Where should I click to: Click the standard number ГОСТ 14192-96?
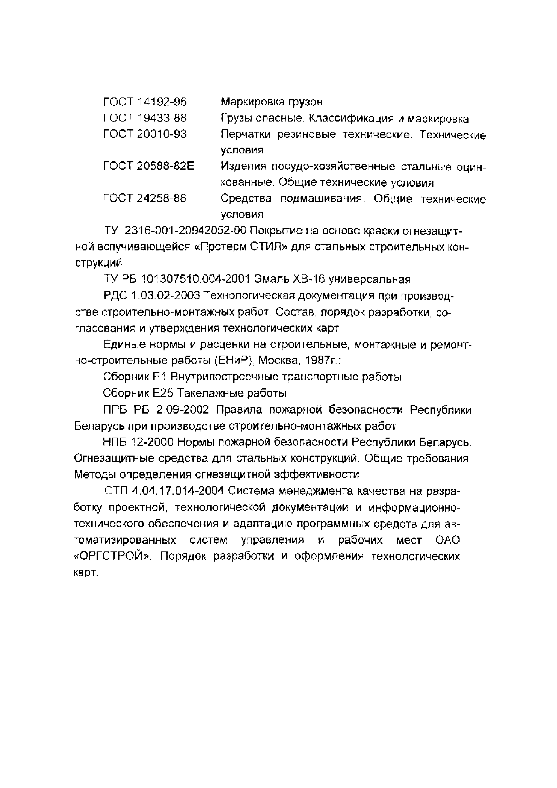145,102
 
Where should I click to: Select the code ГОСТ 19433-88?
145,118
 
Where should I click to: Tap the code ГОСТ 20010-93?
145,134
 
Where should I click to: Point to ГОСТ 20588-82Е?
149,166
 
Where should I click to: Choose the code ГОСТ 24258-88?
145,198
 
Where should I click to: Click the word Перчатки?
245,135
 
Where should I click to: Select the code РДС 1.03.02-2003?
151,296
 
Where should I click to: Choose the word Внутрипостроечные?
224,377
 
